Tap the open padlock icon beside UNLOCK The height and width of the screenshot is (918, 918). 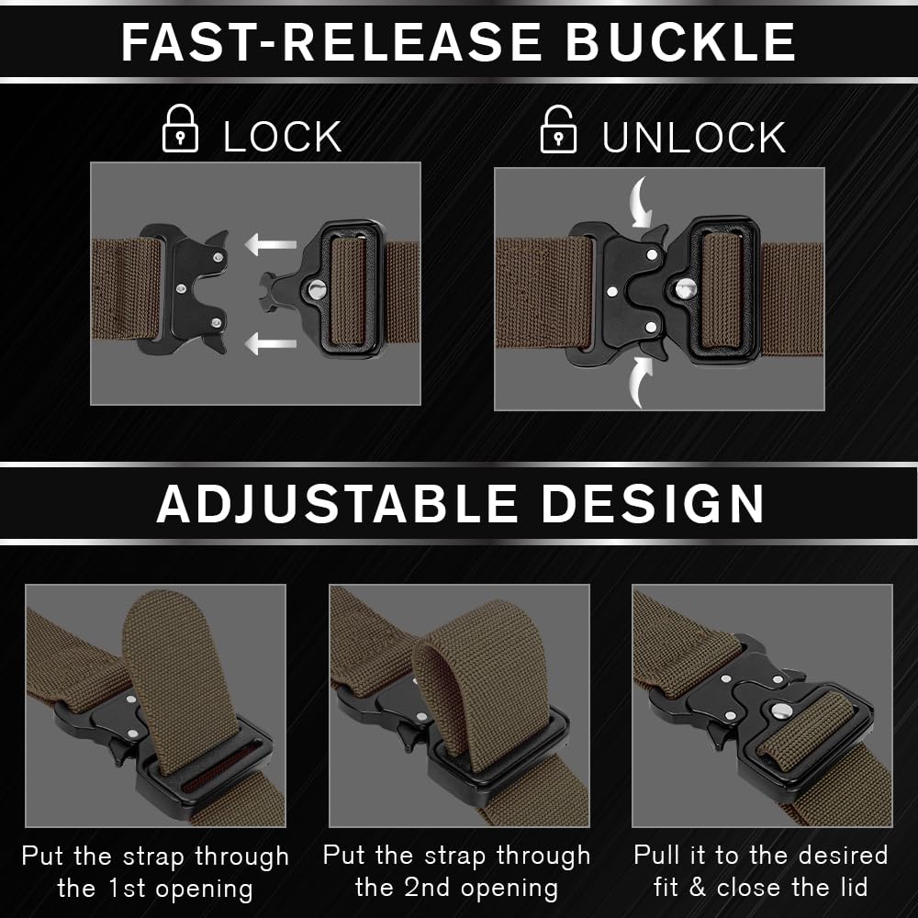558,129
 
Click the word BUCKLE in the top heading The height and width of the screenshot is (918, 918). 680,42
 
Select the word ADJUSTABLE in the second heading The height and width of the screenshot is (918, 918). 337,503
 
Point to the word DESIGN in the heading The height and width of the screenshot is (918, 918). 653,503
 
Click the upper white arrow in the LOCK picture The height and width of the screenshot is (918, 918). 271,244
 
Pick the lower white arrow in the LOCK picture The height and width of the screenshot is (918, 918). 271,343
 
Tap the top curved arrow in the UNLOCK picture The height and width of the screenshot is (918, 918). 641,202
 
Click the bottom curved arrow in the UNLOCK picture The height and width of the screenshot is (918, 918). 641,381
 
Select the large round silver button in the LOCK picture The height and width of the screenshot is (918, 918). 318,288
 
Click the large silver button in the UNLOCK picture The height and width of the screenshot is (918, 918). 685,288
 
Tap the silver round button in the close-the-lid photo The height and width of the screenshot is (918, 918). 781,711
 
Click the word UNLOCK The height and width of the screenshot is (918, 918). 694,138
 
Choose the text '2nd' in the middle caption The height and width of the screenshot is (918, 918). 428,888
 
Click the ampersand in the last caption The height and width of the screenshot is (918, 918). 697,888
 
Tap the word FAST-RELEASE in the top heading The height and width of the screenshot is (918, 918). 330,42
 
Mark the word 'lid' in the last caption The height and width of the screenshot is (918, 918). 854,888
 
